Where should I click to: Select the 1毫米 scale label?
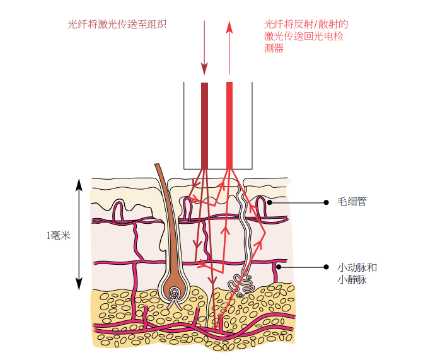[x=57, y=236]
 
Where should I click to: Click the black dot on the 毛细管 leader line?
[x=326, y=202]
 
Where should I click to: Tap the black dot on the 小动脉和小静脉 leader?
[x=326, y=267]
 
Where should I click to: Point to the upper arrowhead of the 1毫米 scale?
[x=79, y=184]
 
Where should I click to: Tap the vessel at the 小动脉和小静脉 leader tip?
[x=276, y=267]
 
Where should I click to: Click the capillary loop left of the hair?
[x=118, y=211]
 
